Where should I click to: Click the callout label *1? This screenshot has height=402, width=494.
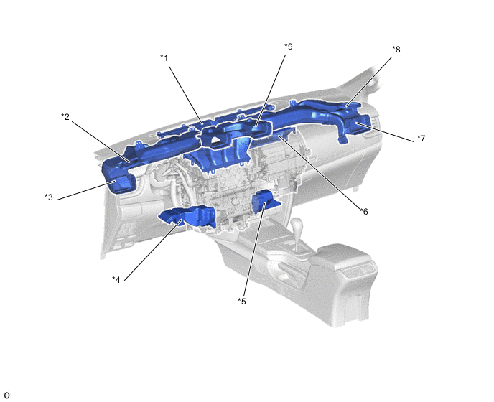click(164, 58)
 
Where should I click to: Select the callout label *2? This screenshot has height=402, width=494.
click(65, 117)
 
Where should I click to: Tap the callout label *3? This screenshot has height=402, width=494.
click(49, 197)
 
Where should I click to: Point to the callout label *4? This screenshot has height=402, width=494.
click(116, 279)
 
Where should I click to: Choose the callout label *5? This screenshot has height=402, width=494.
click(242, 301)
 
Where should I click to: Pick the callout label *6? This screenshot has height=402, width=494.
click(364, 212)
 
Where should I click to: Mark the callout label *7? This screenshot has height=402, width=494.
click(421, 139)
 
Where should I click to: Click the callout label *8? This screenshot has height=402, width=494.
click(396, 50)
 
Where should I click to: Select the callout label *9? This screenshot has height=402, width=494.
click(288, 47)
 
